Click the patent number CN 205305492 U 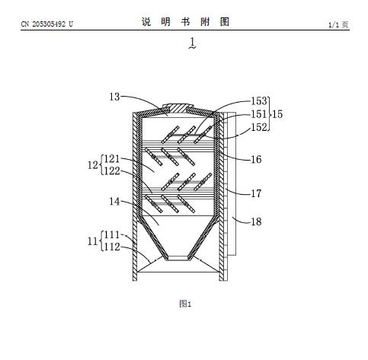tap(46, 24)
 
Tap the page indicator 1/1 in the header tap(334, 24)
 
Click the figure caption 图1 tap(185, 304)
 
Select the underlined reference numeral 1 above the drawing tap(193, 43)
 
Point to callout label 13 tap(114, 97)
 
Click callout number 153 tap(259, 101)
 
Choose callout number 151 tap(259, 114)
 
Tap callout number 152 tap(259, 127)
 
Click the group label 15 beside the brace tap(277, 114)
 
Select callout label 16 tap(256, 159)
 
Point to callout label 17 tap(256, 193)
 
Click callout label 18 tap(256, 221)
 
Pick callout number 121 tap(112, 159)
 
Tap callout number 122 tap(112, 170)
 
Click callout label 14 tap(114, 202)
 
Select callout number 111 tap(112, 234)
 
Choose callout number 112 tap(112, 247)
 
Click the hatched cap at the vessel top tap(178, 108)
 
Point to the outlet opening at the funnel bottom tap(178, 258)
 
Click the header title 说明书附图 tap(185, 22)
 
